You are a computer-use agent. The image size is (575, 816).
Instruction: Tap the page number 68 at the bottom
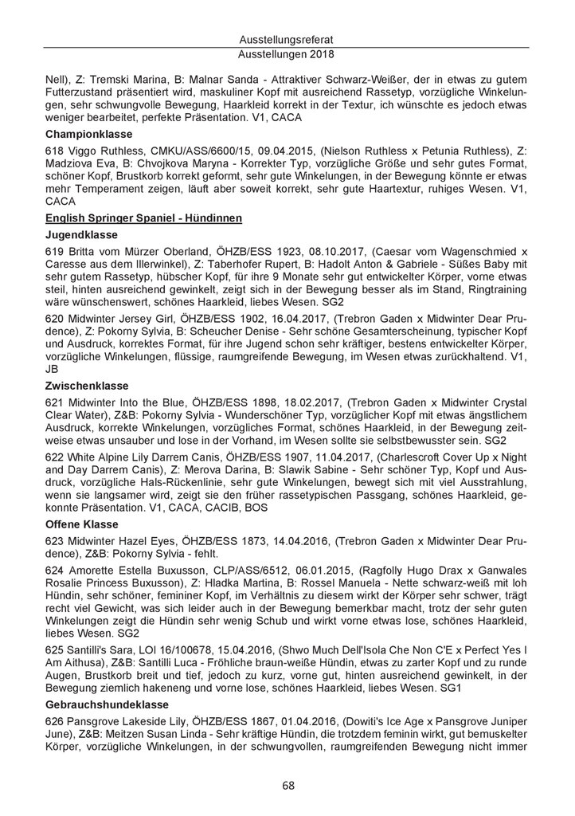click(287, 785)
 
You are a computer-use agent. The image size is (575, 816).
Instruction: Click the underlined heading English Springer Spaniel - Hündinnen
click(144, 218)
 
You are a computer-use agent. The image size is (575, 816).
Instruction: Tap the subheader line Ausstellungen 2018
click(287, 54)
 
